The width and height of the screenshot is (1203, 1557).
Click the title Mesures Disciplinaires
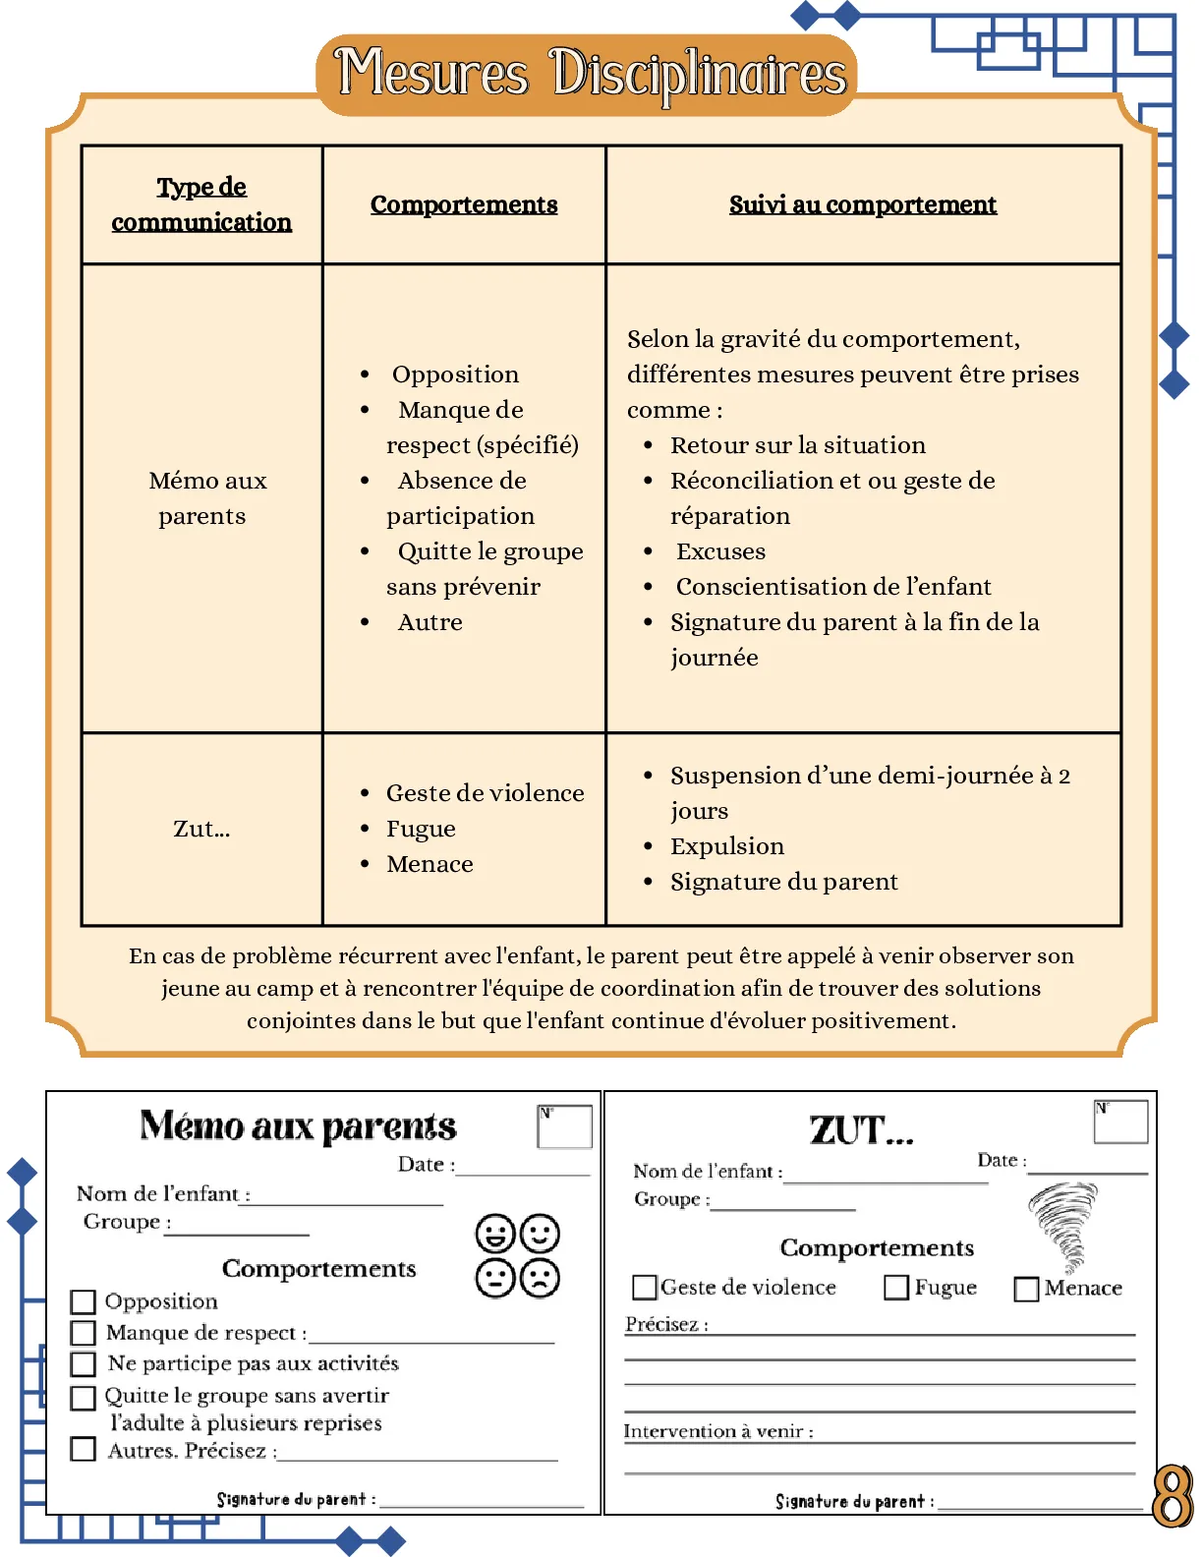click(x=590, y=74)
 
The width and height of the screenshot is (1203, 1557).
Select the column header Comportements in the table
click(x=464, y=204)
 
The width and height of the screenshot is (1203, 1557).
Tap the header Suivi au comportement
click(x=862, y=204)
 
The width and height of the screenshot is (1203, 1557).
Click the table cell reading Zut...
click(x=201, y=829)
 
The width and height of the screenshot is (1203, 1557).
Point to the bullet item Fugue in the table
click(x=421, y=829)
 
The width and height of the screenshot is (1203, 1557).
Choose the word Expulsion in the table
click(x=727, y=846)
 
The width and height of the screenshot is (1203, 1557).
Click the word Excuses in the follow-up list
click(x=720, y=551)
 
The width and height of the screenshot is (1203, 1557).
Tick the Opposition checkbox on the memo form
click(x=84, y=1301)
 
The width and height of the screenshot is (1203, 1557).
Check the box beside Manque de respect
click(x=84, y=1333)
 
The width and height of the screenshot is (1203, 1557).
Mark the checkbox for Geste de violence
click(x=645, y=1288)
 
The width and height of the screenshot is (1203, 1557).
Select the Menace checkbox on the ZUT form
click(x=1026, y=1289)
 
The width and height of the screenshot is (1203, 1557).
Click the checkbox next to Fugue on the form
click(x=896, y=1288)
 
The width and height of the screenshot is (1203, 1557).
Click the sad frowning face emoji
click(x=540, y=1278)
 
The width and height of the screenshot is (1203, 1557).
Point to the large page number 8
click(x=1172, y=1496)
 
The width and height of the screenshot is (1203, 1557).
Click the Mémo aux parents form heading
click(x=298, y=1126)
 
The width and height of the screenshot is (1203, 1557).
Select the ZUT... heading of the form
click(x=861, y=1130)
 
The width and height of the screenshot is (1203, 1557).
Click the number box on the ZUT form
click(x=1121, y=1122)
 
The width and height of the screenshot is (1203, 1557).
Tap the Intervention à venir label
click(x=717, y=1431)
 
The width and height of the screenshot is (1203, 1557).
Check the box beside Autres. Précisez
click(x=84, y=1449)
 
